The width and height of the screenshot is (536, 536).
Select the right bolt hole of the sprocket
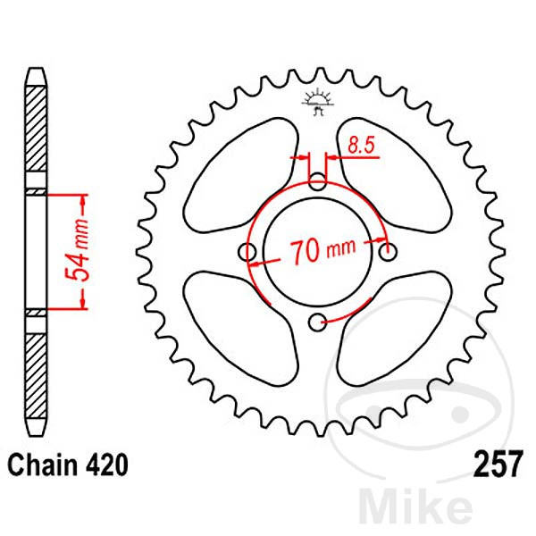388,253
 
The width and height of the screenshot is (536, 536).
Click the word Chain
39,465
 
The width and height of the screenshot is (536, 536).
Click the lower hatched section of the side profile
33,375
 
